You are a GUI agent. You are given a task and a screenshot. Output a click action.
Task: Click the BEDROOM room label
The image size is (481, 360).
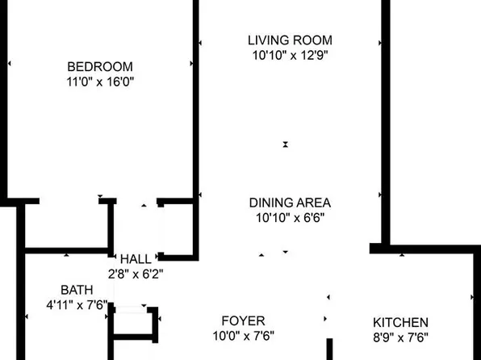coord(100,67)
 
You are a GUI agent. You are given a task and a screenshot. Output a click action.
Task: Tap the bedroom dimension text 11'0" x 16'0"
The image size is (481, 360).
coord(100,82)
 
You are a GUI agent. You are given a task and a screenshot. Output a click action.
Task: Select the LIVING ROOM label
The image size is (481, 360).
coord(290,40)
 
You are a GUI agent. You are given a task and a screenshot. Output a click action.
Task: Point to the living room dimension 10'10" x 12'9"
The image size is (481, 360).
coord(291,56)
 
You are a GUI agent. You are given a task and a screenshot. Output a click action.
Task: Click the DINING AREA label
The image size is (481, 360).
coord(290,203)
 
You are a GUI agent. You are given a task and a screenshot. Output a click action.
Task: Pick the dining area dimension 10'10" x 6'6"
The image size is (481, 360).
coord(291,218)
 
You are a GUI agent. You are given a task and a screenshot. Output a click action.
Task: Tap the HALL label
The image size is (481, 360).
coord(136,259)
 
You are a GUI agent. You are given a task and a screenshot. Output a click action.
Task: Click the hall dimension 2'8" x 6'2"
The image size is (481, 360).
coord(136,274)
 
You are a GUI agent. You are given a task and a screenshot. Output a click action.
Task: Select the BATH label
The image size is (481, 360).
coord(77,290)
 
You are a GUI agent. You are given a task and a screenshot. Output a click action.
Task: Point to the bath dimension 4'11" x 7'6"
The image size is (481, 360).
coord(77,305)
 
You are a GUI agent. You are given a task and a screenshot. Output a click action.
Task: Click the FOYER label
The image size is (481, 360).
coord(243,321)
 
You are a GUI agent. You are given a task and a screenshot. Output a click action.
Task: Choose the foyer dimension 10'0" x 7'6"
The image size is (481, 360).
coord(244,336)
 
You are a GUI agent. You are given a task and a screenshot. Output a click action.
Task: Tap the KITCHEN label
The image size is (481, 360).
coord(400,323)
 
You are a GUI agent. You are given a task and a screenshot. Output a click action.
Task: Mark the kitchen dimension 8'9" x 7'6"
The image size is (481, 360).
coord(400,338)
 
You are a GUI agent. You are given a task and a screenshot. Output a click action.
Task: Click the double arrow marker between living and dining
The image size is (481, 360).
coord(286,144)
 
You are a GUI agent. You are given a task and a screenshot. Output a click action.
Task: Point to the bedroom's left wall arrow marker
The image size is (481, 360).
coord(10,64)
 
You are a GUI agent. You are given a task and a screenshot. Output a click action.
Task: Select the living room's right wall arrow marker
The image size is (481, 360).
coord(380,43)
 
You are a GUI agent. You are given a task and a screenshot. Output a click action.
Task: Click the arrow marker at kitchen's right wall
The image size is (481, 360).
coord(472,297)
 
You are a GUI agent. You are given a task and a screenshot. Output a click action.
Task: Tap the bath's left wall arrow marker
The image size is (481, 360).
coord(27,316)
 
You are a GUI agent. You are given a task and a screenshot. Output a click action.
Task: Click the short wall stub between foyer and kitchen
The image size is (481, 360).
coord(329,350)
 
